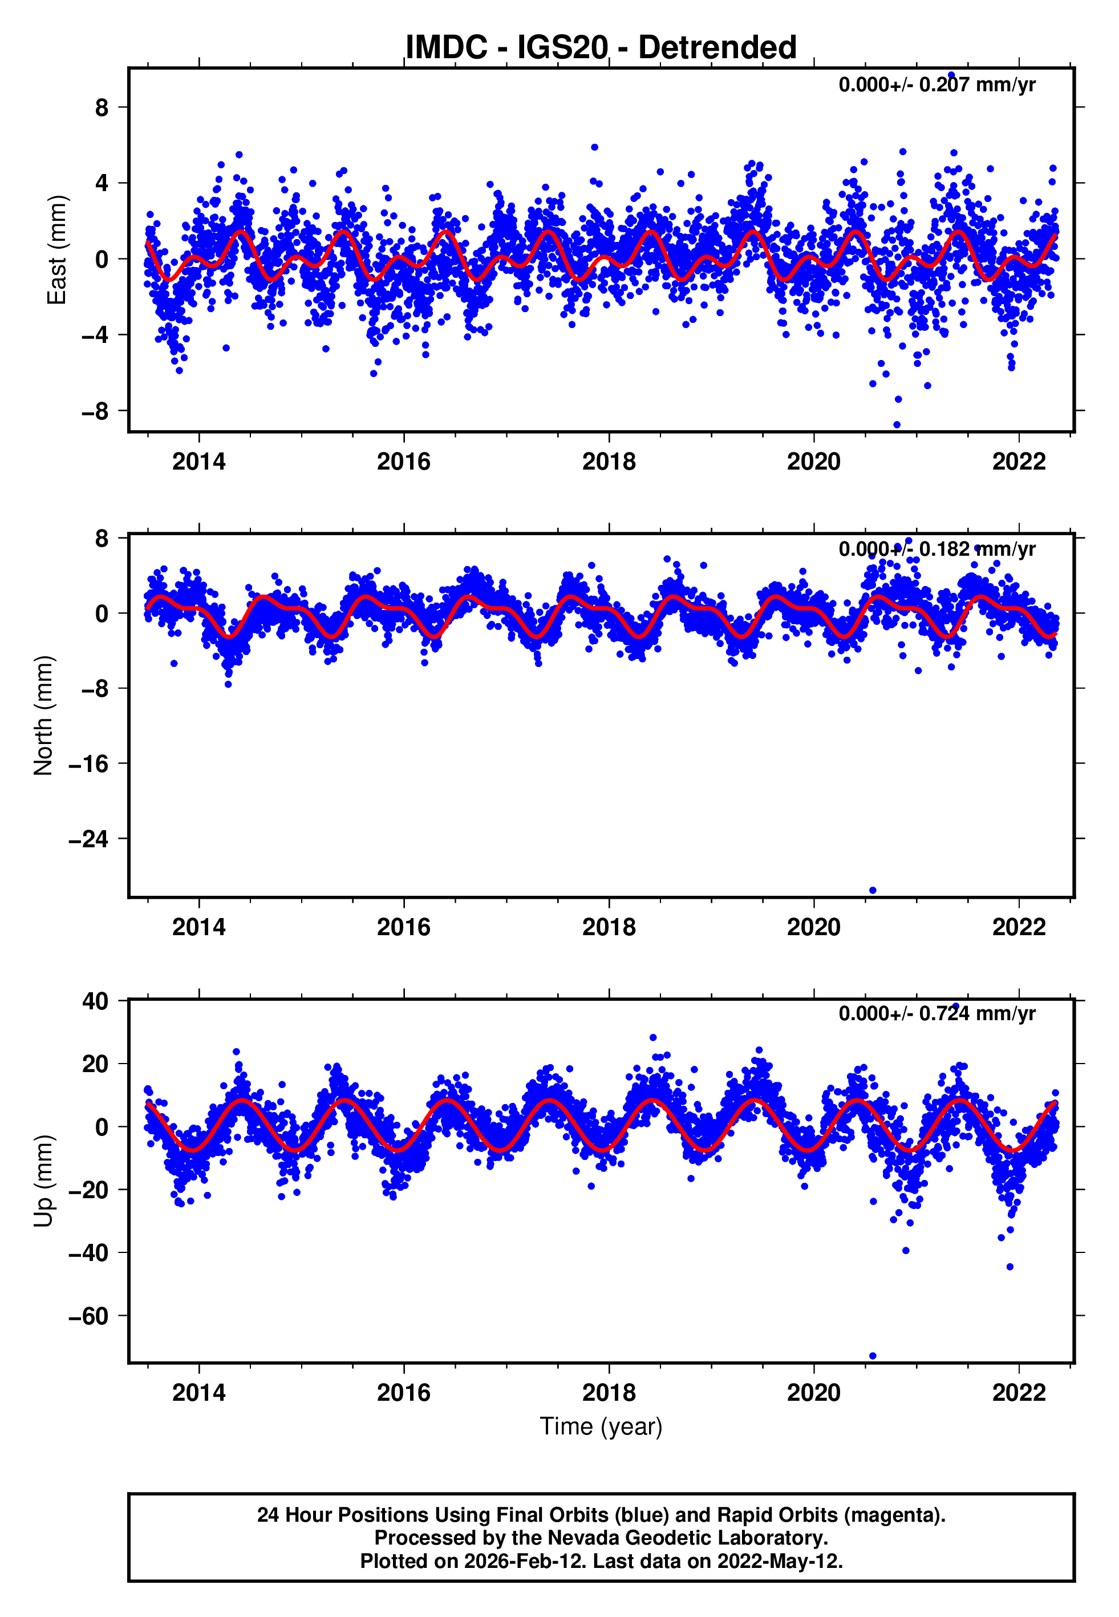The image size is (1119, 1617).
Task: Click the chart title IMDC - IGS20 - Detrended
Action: click(601, 48)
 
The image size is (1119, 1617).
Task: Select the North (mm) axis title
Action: click(43, 715)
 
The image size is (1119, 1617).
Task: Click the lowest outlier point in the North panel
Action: click(873, 890)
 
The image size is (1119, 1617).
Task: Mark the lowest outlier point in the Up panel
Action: click(873, 1356)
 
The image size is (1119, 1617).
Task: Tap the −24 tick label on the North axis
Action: click(88, 839)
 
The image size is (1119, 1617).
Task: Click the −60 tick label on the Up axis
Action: click(88, 1316)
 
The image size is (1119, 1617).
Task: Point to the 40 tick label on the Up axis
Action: click(95, 1001)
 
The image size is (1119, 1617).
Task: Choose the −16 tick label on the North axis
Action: click(88, 763)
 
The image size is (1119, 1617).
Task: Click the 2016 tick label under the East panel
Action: click(404, 462)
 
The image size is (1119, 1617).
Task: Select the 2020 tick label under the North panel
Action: click(813, 927)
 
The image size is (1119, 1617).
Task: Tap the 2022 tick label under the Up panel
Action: click(1018, 1392)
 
